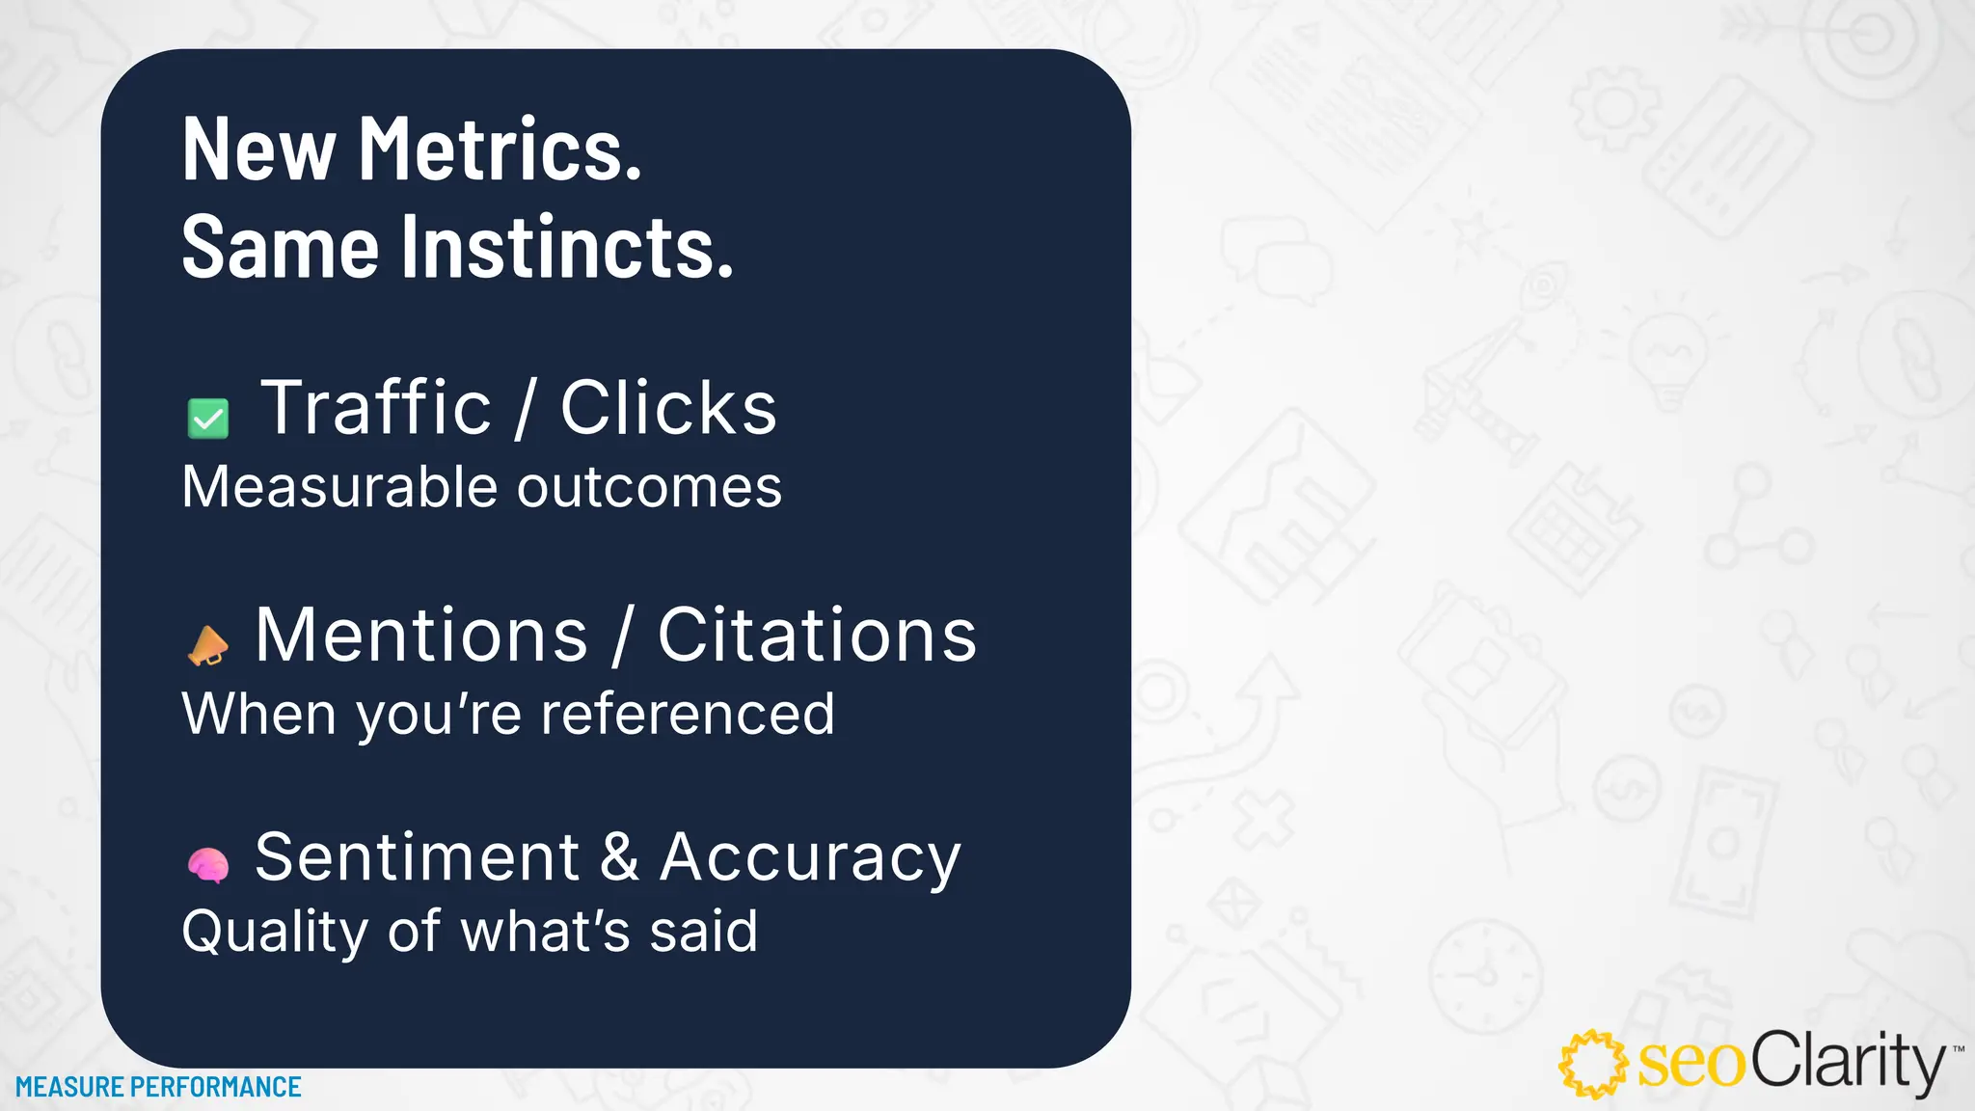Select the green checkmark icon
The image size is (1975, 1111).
[207, 419]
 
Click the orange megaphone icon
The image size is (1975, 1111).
[207, 645]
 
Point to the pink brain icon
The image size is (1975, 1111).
[207, 865]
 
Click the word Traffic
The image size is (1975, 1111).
[376, 408]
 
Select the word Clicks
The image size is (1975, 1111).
[668, 408]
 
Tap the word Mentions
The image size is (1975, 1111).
[421, 636]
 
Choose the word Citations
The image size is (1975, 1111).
[817, 636]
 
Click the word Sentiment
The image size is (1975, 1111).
[417, 856]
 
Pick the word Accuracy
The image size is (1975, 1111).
[810, 858]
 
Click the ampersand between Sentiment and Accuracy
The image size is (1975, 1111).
[619, 856]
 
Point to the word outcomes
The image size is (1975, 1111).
[649, 487]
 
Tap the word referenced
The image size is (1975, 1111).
[688, 715]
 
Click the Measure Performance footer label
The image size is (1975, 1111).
[158, 1087]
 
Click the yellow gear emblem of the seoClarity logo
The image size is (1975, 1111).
[1593, 1064]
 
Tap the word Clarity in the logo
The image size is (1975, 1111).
[1848, 1063]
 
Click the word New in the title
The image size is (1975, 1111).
[258, 149]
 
